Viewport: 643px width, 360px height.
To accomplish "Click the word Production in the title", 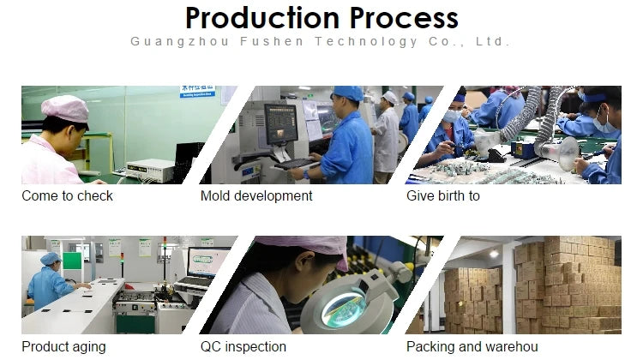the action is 262,19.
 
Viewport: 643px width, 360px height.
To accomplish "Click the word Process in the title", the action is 404,19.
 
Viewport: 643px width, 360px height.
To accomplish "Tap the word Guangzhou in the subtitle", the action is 180,42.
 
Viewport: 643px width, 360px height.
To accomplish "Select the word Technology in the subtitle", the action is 366,42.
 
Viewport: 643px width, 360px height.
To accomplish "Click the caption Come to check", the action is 67,196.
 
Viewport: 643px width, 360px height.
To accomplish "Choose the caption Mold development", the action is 256,196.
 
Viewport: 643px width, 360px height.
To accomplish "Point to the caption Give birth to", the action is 443,196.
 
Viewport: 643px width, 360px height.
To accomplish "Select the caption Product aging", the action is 63,347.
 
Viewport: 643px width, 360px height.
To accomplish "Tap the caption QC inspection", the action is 243,347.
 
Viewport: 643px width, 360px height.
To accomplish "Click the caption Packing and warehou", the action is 472,347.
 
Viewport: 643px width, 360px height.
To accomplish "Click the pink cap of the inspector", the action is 65,108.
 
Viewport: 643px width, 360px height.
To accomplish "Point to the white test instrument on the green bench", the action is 150,171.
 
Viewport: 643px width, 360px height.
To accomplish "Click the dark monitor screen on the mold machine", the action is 280,123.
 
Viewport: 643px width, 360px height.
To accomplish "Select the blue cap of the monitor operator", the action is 348,93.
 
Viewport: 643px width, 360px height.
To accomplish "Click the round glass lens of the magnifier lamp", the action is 344,308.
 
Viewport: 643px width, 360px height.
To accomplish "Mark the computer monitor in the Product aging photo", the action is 207,262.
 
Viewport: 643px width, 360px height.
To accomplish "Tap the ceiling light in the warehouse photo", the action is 494,254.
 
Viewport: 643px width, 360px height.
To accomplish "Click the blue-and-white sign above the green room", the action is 198,92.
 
